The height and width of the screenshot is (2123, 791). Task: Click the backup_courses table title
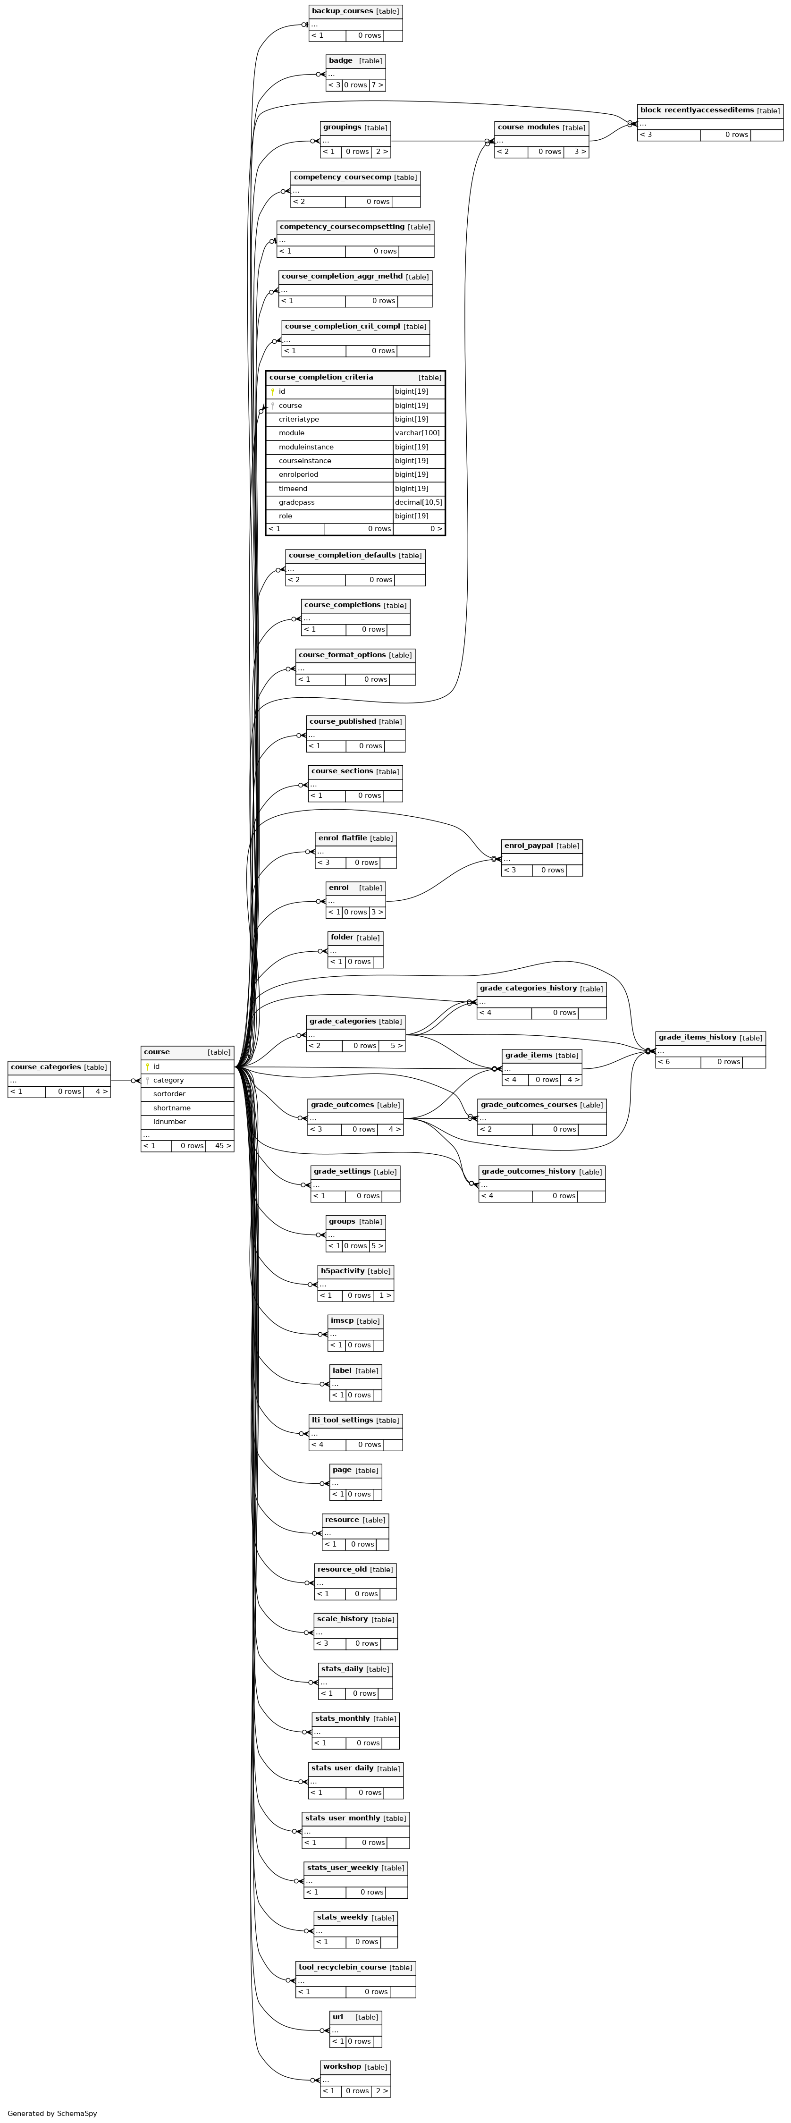(342, 11)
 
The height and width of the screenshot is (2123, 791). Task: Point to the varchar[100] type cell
(418, 433)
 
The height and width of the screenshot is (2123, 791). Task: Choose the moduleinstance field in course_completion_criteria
(306, 447)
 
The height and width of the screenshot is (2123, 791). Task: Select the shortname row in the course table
(188, 1108)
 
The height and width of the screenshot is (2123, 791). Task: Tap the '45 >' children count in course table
(222, 1146)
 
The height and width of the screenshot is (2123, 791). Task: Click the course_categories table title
(46, 1067)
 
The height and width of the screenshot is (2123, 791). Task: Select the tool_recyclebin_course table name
(342, 1967)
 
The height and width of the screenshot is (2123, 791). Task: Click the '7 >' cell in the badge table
(377, 85)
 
